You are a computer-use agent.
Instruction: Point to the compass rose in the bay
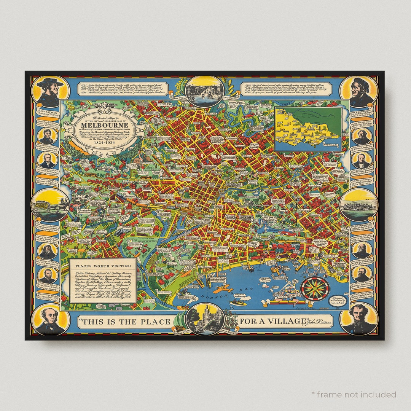314,288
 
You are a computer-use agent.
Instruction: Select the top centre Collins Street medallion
205,91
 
